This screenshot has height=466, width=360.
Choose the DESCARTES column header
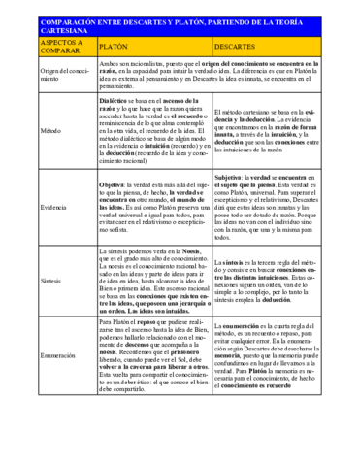pyautogui.click(x=234, y=46)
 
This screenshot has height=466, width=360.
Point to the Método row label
pyautogui.click(x=49, y=129)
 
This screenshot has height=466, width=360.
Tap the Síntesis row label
pyautogui.click(x=49, y=279)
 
